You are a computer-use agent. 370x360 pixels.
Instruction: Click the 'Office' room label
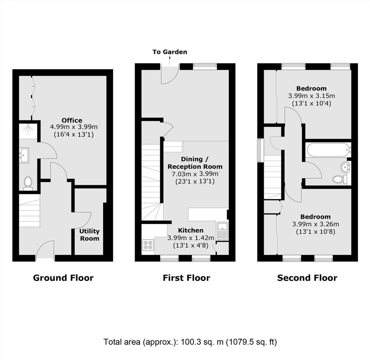[x=72, y=120]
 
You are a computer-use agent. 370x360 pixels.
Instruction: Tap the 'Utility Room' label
[x=89, y=235]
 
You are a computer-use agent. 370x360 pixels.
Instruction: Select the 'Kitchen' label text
[x=191, y=230]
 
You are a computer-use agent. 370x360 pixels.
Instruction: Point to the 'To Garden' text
[x=170, y=52]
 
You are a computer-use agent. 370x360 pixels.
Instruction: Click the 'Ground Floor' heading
[x=63, y=278]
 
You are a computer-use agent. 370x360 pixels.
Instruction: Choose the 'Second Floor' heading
[x=307, y=278]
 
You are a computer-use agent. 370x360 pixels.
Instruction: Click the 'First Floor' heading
[x=187, y=278]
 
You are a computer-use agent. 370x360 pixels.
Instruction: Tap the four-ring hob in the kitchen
[x=148, y=245]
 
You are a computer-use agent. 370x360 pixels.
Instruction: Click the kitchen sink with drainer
[x=222, y=231]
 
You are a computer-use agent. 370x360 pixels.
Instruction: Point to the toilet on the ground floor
[x=28, y=183]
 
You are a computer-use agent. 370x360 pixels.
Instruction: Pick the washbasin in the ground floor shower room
[x=24, y=155]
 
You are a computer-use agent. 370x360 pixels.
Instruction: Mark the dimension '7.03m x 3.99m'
[x=195, y=174]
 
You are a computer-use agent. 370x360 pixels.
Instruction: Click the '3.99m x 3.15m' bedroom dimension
[x=311, y=96]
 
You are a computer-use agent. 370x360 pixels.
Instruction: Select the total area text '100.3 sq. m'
[x=202, y=342]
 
